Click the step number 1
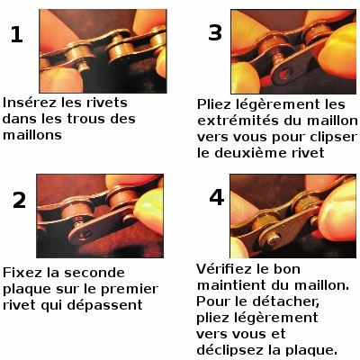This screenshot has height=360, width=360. pos(16,35)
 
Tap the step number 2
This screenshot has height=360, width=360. pos(19,200)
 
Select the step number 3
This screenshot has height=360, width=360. pos(214,33)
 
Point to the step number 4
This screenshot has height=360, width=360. pos(216,197)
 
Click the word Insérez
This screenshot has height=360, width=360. pos(30,103)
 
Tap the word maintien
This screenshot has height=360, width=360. pos(230,286)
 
